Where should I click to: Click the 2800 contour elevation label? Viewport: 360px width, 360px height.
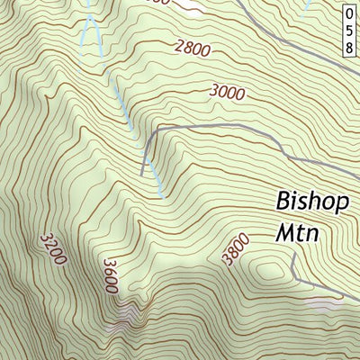tap(195, 49)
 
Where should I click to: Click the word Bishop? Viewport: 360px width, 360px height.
tap(311, 200)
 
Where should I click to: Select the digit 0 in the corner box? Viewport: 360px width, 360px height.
tap(348, 13)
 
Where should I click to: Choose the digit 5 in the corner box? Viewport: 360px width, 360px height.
tap(348, 30)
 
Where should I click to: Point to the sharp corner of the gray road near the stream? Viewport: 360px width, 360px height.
tap(151, 131)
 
